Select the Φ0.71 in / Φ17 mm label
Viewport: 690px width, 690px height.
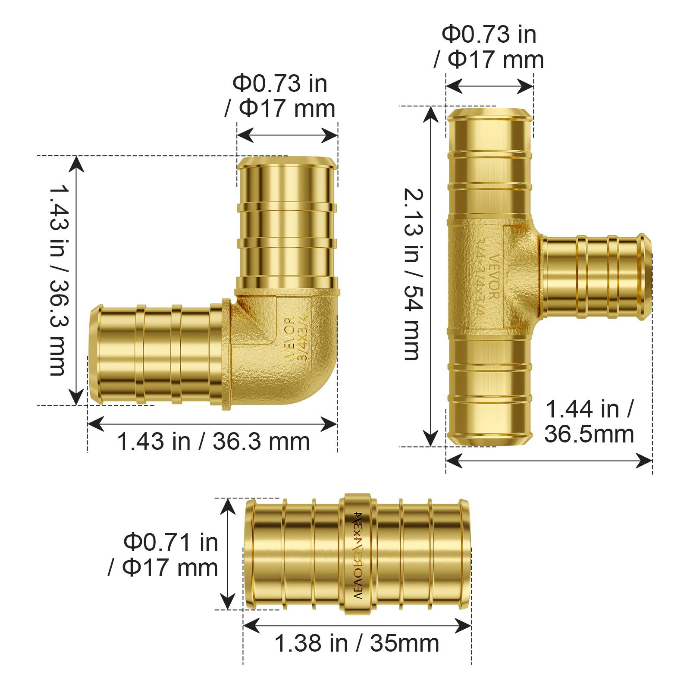(x=164, y=555)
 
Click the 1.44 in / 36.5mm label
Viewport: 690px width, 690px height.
(x=589, y=421)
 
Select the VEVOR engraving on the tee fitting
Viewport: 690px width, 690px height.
(x=494, y=276)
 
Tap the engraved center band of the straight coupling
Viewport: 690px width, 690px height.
(x=357, y=554)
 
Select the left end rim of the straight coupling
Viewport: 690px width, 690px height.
(x=250, y=554)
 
